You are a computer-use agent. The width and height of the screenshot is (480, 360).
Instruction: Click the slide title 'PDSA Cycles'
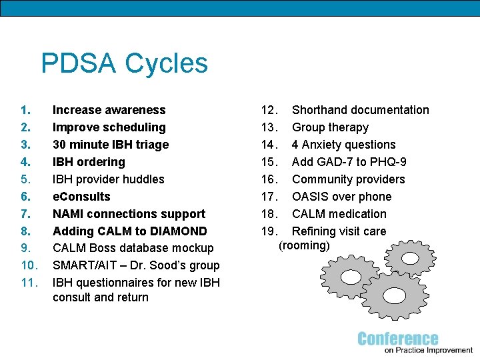click(124, 64)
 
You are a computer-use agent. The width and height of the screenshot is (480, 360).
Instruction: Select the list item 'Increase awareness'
click(109, 110)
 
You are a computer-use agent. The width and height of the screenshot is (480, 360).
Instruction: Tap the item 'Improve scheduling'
click(109, 127)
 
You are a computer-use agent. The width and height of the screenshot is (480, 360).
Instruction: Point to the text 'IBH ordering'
click(89, 162)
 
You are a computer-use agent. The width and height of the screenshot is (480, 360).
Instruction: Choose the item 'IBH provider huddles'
click(108, 179)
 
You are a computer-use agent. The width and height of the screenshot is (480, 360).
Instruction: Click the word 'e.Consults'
click(81, 197)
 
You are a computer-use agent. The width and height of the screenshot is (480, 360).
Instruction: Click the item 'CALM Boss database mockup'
click(133, 248)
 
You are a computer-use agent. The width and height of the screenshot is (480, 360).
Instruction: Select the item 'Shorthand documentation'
click(360, 110)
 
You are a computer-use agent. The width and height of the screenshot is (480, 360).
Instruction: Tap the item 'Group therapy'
click(330, 127)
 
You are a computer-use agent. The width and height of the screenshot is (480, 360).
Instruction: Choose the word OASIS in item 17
click(312, 197)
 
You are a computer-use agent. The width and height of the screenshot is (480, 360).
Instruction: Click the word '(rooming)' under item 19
click(304, 245)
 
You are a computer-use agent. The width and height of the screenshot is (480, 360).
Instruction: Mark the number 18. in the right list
click(268, 214)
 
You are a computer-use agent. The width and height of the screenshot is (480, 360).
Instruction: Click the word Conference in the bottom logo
click(398, 339)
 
